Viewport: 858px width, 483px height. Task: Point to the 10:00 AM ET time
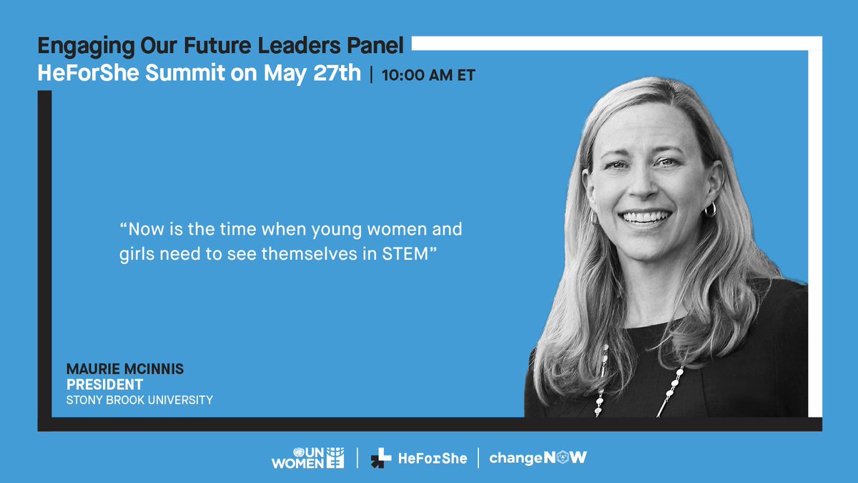(428, 75)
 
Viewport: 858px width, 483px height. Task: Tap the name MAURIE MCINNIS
(125, 369)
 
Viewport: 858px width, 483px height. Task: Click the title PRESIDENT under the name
(104, 385)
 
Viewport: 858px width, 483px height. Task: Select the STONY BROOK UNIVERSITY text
(139, 400)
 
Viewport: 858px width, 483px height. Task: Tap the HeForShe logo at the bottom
(418, 459)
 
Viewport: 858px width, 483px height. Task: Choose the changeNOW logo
(538, 458)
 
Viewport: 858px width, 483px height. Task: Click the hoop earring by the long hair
(710, 209)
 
